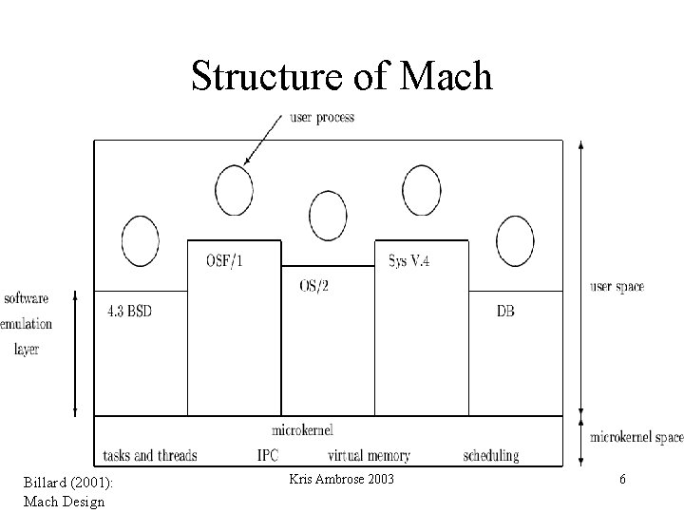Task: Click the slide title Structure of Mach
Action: [x=341, y=76]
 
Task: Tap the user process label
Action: [x=321, y=118]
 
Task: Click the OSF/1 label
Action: [x=224, y=259]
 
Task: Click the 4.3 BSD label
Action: [x=126, y=311]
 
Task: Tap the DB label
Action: [x=505, y=311]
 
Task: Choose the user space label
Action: [x=617, y=286]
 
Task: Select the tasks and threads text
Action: [x=149, y=455]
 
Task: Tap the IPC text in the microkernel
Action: [x=268, y=455]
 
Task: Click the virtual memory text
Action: [x=370, y=455]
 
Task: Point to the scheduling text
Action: [x=491, y=455]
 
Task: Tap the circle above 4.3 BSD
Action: [x=140, y=241]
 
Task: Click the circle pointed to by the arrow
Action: [x=234, y=190]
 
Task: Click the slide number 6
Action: [x=622, y=480]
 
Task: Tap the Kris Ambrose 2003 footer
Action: [x=341, y=479]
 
